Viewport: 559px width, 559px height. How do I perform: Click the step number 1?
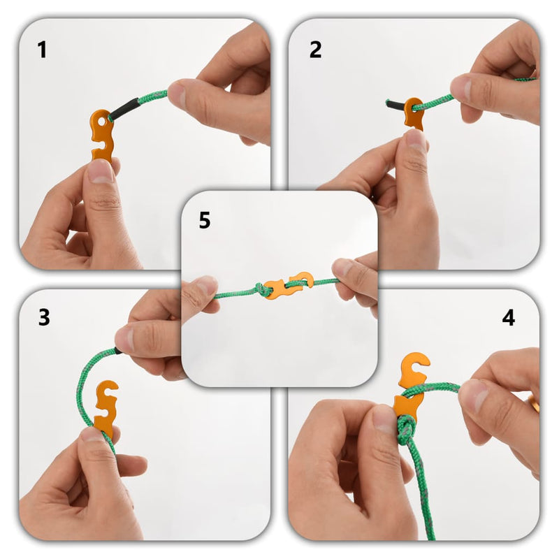tap(42, 50)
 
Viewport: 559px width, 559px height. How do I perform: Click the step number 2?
tap(316, 50)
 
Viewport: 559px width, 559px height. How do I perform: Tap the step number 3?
tap(44, 317)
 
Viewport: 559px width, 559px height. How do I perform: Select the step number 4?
tap(509, 317)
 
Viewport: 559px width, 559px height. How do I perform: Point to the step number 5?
tap(204, 221)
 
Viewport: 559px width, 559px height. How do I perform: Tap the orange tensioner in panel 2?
tap(413, 114)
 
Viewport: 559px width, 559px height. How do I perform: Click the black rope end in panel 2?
tap(395, 105)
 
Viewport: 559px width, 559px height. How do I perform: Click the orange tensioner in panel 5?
tap(286, 285)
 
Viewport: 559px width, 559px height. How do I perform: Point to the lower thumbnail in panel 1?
tap(99, 171)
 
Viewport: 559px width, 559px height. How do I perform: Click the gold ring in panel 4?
tap(534, 403)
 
